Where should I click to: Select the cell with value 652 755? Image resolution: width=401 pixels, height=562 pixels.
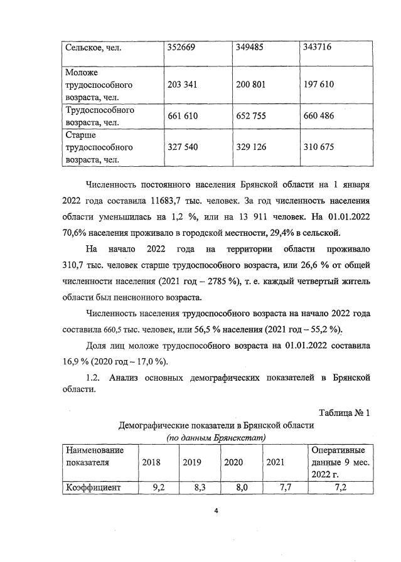point(254,116)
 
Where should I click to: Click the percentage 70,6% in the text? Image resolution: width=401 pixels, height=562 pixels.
point(76,233)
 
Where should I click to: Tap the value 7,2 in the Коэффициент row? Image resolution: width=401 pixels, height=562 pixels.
point(341,487)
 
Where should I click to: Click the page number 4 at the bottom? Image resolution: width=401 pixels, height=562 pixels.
point(215,511)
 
